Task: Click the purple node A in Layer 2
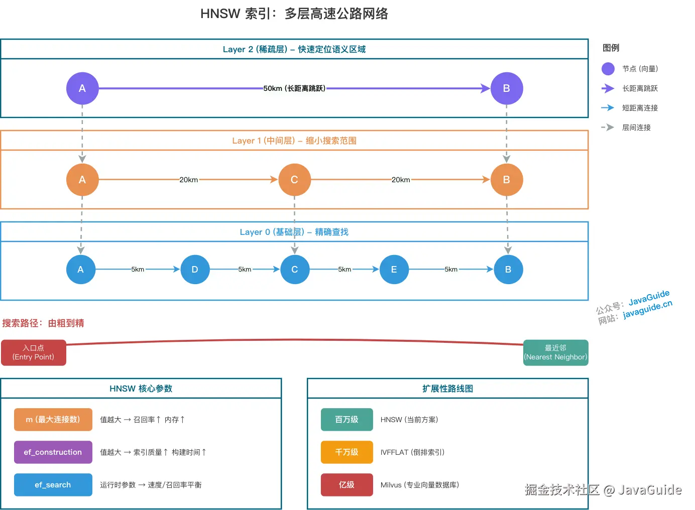pos(82,88)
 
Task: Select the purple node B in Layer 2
pos(506,88)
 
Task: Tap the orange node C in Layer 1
pos(294,180)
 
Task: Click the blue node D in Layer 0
pos(195,270)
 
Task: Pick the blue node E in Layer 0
pos(394,270)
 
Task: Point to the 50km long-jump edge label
pos(294,88)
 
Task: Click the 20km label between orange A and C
pos(188,180)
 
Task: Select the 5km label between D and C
pos(245,270)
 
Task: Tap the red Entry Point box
pos(34,352)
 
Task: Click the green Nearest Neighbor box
pos(555,352)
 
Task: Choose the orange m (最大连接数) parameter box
pos(53,420)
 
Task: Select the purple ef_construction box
pos(53,452)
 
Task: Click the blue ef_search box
pos(53,485)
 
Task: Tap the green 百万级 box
pos(346,420)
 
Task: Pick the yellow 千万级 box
pos(346,452)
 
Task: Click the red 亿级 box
pos(346,485)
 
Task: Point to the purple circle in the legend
pos(608,69)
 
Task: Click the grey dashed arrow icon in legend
pos(608,127)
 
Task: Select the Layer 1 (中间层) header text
pos(294,141)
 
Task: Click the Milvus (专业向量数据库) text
pos(420,485)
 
